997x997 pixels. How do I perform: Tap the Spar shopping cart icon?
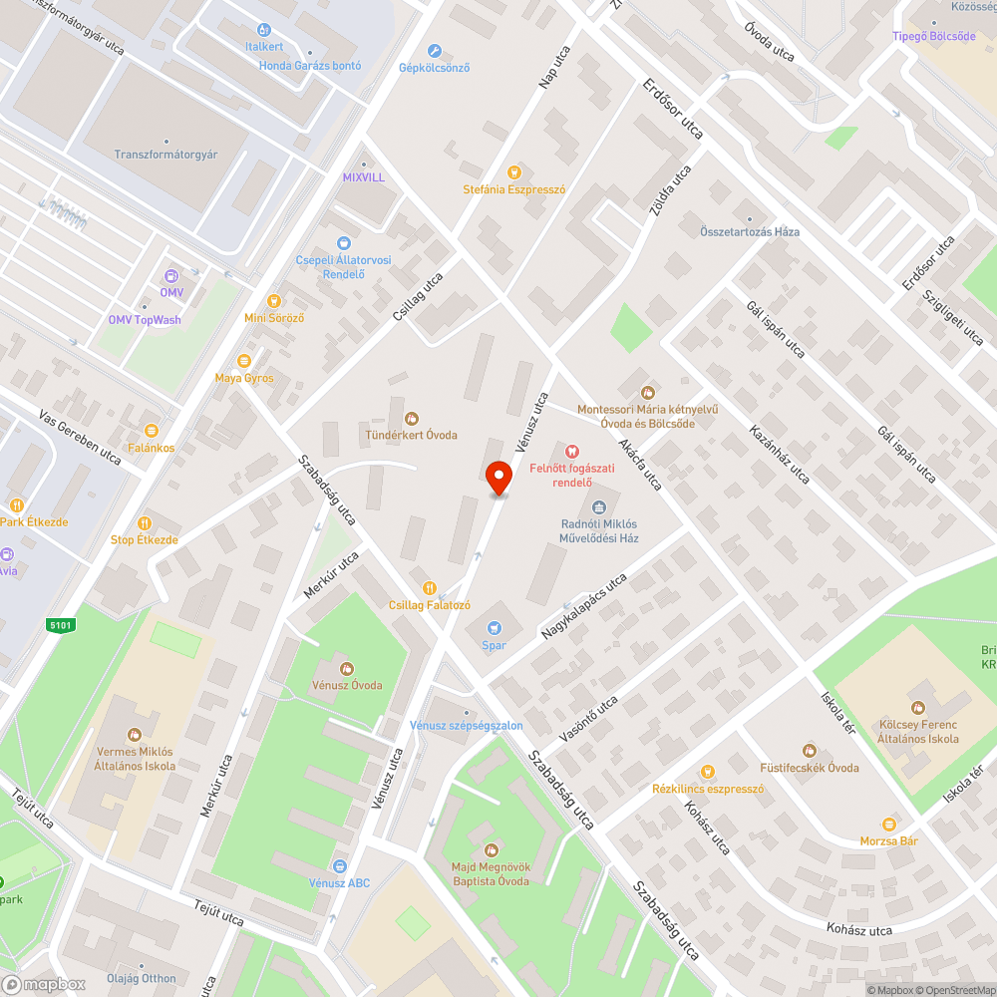494,627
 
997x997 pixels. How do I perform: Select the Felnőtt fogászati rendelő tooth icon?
572,451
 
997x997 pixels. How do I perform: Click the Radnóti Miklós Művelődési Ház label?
598,530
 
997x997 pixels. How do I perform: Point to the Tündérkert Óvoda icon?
411,419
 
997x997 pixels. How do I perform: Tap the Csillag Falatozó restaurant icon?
430,588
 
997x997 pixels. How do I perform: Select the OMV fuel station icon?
171,276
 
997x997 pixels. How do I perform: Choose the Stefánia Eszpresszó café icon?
514,172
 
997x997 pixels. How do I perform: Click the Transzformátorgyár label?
166,155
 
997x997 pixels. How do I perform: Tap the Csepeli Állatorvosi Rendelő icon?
344,243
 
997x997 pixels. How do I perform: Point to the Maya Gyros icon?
244,362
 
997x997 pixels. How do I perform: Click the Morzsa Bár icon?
888,825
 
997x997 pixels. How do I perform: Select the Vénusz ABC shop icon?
340,866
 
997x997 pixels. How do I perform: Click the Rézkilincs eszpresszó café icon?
708,771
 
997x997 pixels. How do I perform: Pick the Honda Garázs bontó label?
296,66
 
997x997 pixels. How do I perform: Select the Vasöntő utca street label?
588,720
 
